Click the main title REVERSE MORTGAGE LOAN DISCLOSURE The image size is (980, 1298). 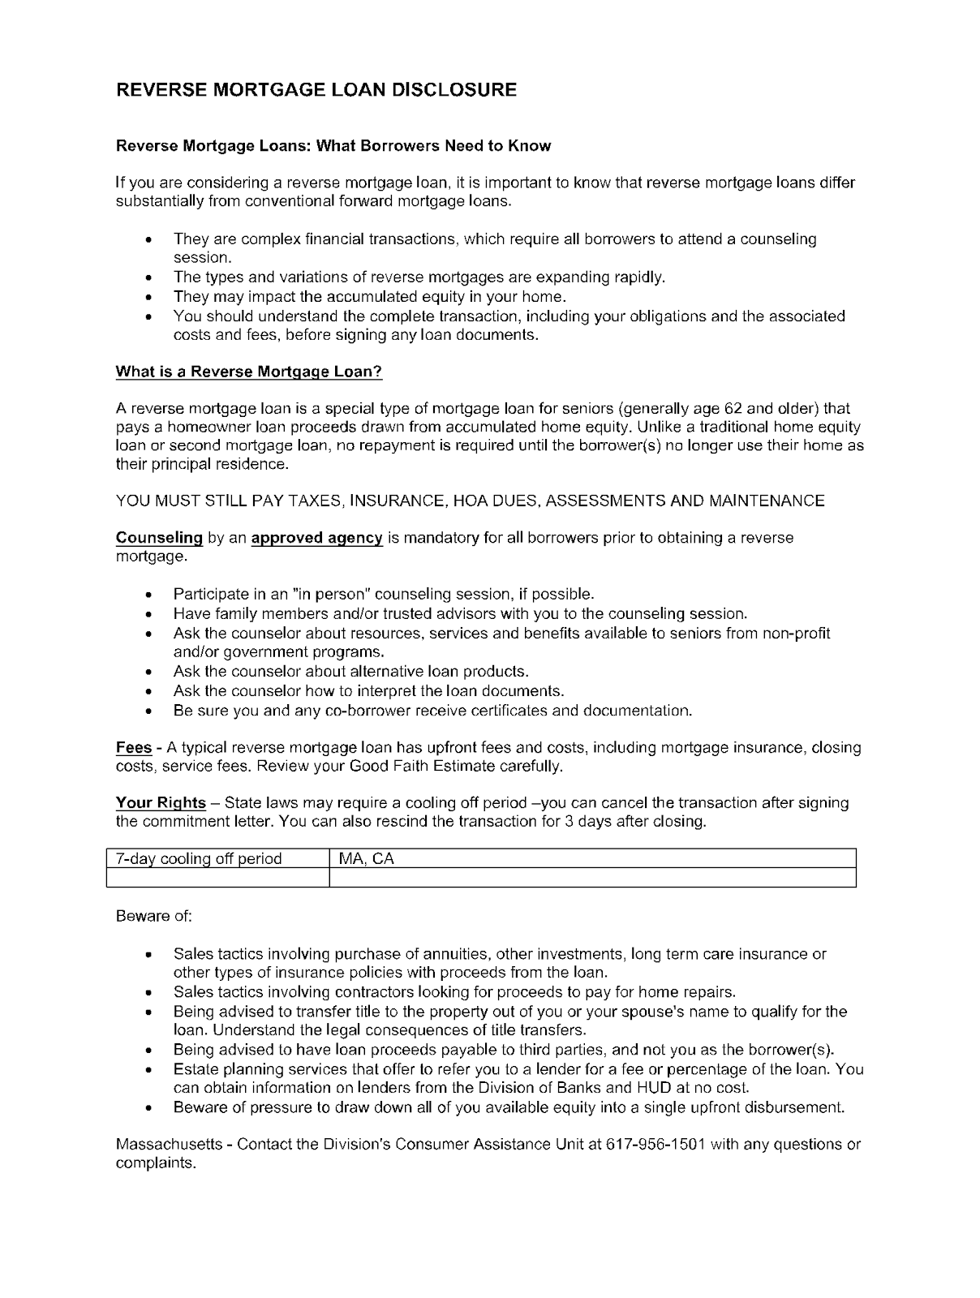click(316, 89)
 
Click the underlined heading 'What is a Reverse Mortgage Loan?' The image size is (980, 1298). click(248, 372)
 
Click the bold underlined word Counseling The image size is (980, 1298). click(159, 538)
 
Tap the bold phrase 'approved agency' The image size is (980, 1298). click(316, 538)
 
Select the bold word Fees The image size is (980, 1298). click(134, 747)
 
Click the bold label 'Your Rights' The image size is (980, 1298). click(161, 803)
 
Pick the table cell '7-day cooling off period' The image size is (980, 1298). click(199, 858)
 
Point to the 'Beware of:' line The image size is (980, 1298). click(154, 916)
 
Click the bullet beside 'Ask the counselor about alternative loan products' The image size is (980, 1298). click(148, 673)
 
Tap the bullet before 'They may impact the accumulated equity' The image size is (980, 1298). click(148, 298)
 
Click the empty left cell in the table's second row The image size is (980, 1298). click(217, 878)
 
